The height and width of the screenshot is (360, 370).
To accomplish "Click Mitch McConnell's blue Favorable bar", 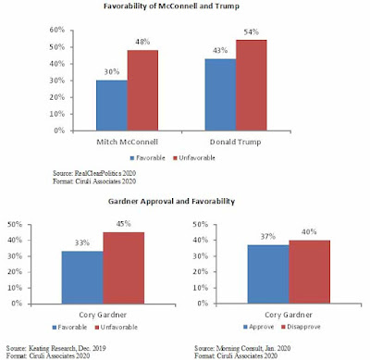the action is click(112, 106).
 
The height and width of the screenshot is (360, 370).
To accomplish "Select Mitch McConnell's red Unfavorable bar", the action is click(142, 91).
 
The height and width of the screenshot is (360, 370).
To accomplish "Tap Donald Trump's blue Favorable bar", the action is click(220, 94).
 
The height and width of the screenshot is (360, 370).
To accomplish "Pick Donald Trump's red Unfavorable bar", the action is click(252, 85).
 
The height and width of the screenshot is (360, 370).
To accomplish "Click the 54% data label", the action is click(252, 32).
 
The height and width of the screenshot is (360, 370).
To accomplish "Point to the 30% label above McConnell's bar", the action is click(112, 72).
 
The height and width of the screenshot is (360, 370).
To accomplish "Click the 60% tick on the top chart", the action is click(57, 30).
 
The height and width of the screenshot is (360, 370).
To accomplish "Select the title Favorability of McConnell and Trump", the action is click(171, 6).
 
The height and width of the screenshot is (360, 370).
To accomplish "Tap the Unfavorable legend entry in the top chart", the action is click(194, 158).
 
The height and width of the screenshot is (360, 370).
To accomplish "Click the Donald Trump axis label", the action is click(236, 142).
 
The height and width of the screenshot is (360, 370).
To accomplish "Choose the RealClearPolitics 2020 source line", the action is click(94, 173).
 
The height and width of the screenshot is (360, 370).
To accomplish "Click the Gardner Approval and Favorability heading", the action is click(171, 202).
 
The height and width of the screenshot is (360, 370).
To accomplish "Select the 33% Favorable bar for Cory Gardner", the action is click(82, 278).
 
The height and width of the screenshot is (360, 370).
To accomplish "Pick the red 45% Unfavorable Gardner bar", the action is click(124, 268).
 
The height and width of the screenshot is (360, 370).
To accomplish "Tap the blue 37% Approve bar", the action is click(268, 274).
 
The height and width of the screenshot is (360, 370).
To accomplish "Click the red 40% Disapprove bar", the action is click(310, 272).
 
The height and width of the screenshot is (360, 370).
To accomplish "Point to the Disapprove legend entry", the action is click(301, 327).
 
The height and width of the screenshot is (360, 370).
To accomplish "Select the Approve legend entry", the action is click(258, 327).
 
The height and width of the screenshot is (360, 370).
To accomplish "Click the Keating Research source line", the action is click(56, 348).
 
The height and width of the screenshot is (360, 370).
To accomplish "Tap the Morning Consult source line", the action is click(242, 348).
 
